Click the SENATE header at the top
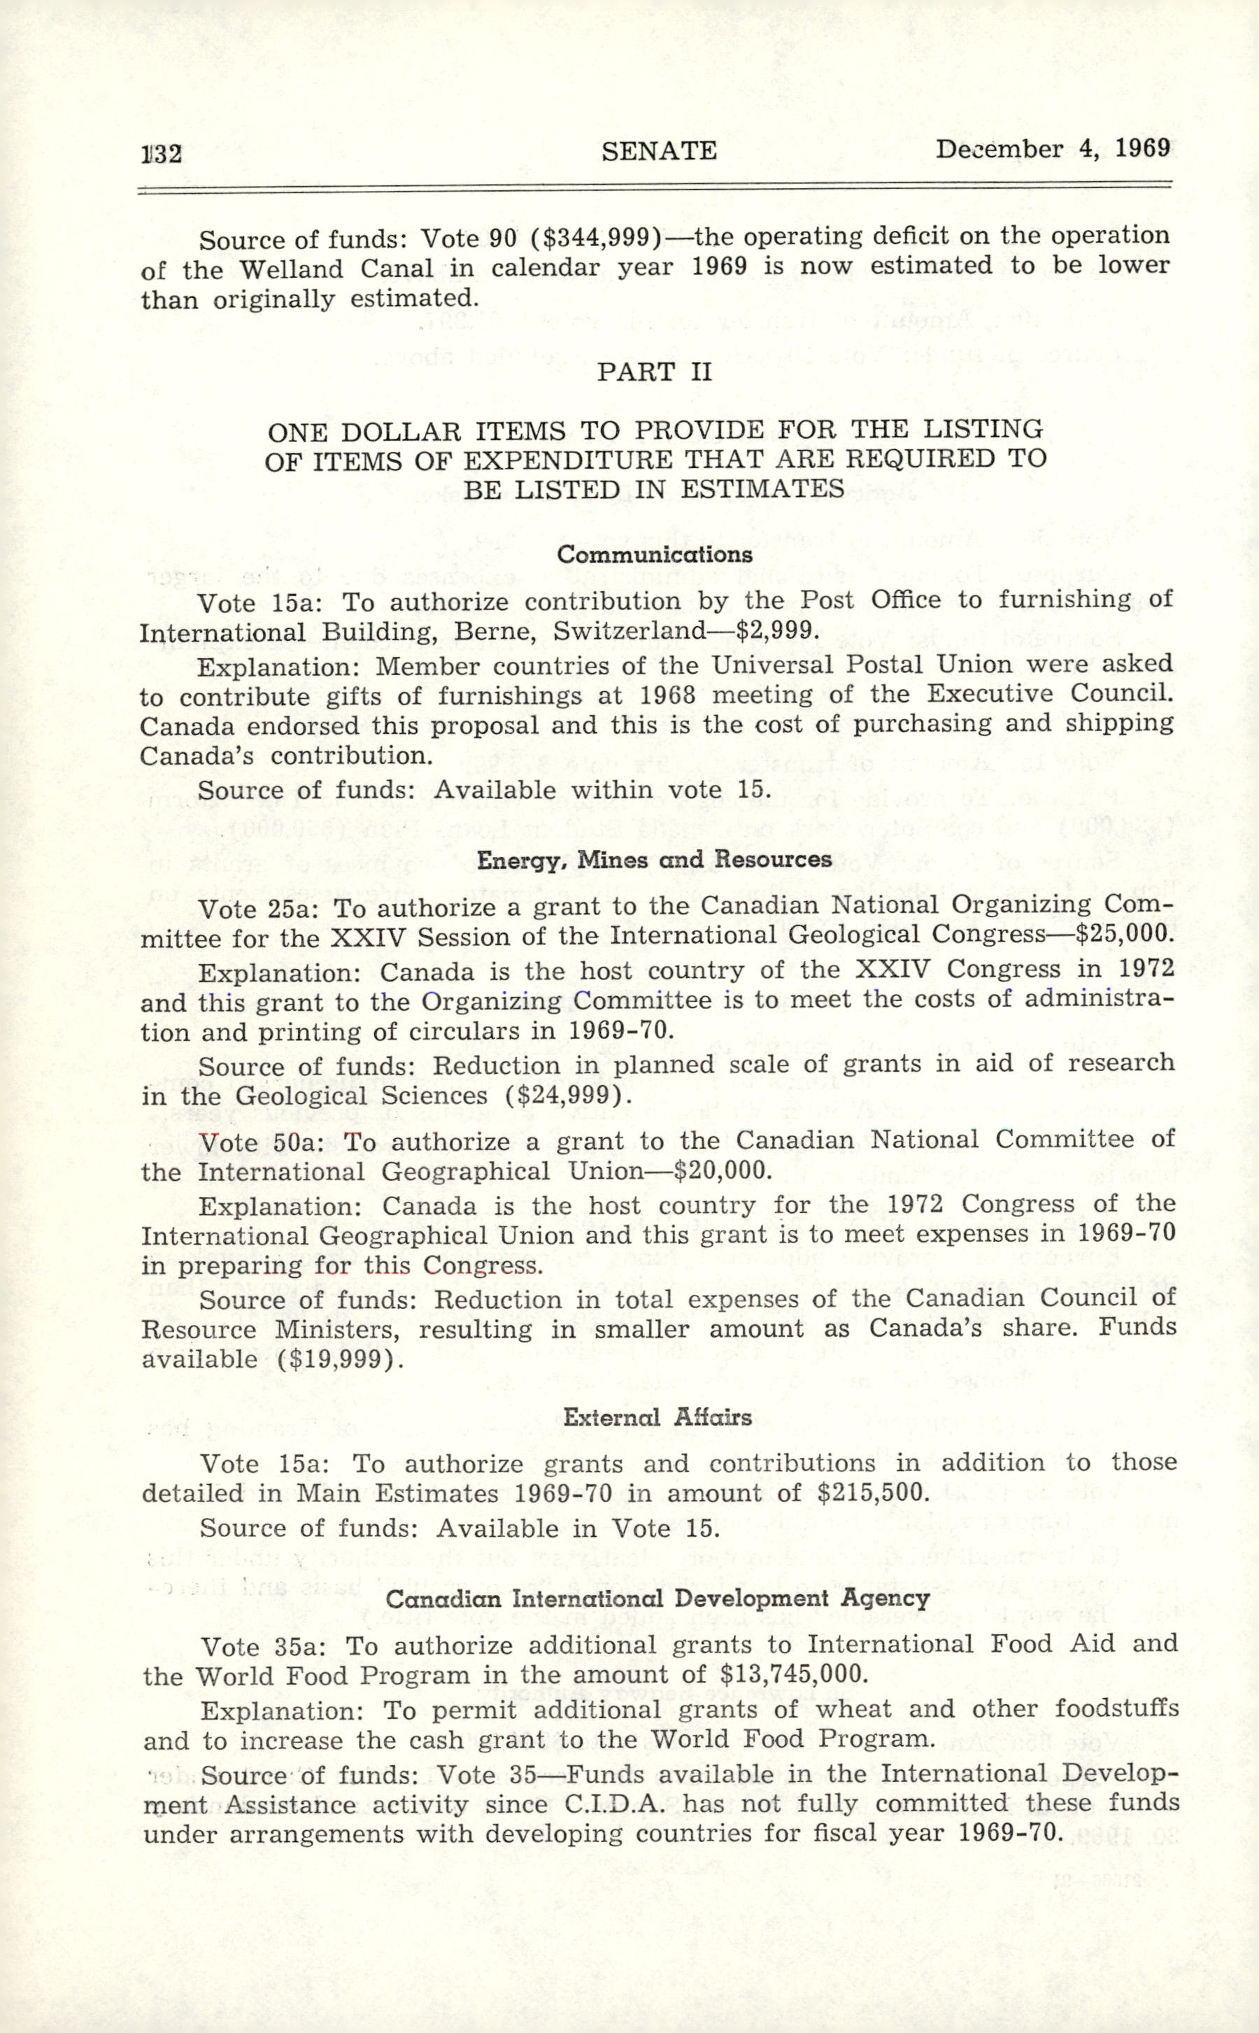tap(659, 150)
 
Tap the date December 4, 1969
tap(1053, 149)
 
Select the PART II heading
tap(655, 371)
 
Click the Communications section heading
tap(655, 555)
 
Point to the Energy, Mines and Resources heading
tap(655, 860)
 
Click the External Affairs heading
tap(657, 1417)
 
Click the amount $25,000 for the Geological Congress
tap(1124, 934)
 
